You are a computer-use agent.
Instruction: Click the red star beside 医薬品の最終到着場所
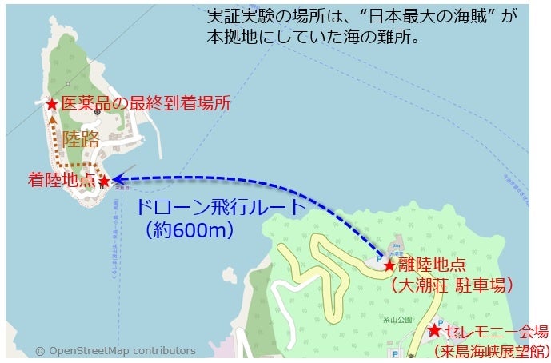point(52,104)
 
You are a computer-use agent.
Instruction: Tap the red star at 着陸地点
point(104,181)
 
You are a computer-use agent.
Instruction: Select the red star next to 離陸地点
point(389,266)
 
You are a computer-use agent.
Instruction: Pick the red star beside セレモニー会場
point(434,330)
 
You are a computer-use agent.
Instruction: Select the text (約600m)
point(189,230)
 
